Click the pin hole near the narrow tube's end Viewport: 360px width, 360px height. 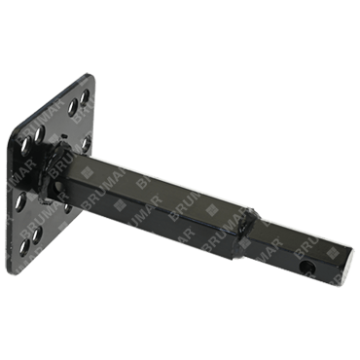(x=306, y=268)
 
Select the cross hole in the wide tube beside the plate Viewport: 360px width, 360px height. (x=58, y=187)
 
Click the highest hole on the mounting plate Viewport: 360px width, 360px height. (x=85, y=96)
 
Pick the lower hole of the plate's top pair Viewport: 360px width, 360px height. (x=72, y=107)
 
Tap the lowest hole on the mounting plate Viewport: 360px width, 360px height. (x=24, y=247)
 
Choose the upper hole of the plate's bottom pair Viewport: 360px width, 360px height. (x=37, y=235)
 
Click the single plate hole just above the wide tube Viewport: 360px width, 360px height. (x=86, y=144)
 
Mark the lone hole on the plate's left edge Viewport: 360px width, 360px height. (x=20, y=201)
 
